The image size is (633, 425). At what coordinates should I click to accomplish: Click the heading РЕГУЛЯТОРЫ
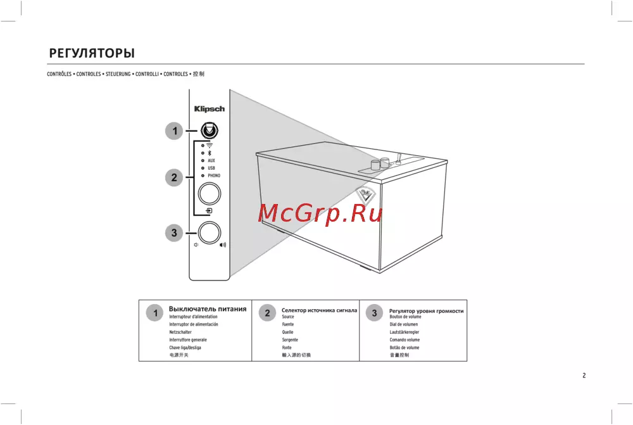[x=92, y=53]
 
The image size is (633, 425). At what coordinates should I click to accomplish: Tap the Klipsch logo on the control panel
[x=209, y=109]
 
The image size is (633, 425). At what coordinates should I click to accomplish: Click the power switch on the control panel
[x=209, y=131]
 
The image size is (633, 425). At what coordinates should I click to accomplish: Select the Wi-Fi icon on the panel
[x=210, y=146]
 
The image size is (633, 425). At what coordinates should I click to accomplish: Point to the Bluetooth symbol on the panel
[x=209, y=153]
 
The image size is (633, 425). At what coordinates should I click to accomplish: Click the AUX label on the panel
[x=211, y=161]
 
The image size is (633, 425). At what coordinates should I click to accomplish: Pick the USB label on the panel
[x=211, y=168]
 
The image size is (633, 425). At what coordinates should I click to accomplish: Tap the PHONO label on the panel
[x=214, y=175]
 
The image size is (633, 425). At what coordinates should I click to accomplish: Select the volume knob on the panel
[x=210, y=232]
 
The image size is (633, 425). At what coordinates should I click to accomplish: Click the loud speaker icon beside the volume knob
[x=223, y=245]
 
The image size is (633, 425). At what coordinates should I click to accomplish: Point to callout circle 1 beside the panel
[x=174, y=131]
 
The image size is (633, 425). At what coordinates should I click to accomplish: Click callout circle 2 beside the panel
[x=174, y=178]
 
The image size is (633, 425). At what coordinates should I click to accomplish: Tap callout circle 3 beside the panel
[x=174, y=233]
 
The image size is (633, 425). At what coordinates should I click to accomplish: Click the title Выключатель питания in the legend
[x=208, y=309]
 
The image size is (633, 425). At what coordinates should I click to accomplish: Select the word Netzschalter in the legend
[x=180, y=332]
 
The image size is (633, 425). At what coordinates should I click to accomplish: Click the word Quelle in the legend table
[x=287, y=332]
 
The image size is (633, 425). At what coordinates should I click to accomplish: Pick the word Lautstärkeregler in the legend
[x=404, y=332]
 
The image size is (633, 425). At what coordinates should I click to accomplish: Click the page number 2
[x=584, y=376]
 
